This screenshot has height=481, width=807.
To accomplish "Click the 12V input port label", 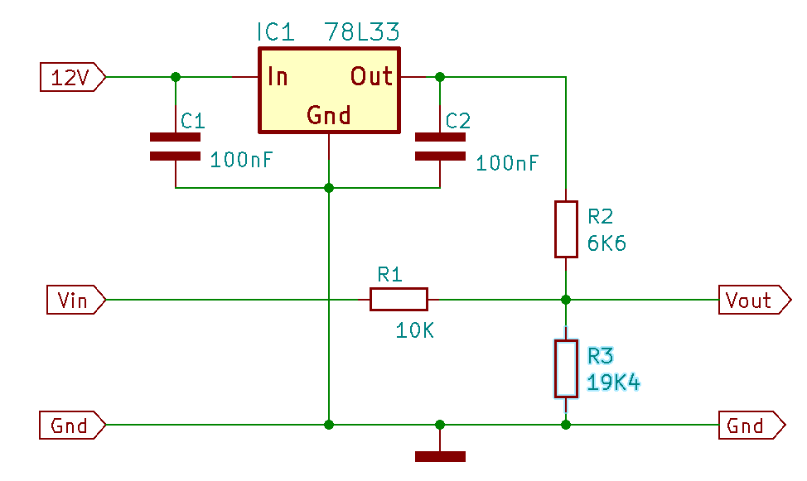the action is [x=73, y=77].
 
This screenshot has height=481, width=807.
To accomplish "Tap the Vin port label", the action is [x=76, y=300].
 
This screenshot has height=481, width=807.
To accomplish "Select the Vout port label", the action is [x=755, y=300].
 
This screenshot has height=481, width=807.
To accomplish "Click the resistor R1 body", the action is [x=399, y=300].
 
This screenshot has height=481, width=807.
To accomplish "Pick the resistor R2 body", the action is [x=566, y=229].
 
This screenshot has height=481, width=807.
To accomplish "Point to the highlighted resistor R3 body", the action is [x=566, y=368].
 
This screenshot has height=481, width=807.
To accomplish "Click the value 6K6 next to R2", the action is [x=606, y=243].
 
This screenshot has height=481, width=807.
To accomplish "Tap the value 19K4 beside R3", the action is [x=613, y=382].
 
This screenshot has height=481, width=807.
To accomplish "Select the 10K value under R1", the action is [x=415, y=331].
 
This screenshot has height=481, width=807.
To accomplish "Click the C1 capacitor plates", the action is [x=175, y=147].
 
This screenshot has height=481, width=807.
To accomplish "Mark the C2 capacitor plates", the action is [x=440, y=147].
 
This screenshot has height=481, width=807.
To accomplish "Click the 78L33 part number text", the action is [x=362, y=32].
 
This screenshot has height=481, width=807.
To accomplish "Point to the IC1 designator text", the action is [x=275, y=32].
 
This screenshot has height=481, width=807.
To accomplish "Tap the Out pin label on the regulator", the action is [x=371, y=77].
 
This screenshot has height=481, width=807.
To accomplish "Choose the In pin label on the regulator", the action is [x=278, y=77].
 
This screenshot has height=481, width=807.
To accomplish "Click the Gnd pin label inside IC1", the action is [x=329, y=115].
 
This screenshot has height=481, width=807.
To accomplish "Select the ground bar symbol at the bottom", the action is [x=440, y=456].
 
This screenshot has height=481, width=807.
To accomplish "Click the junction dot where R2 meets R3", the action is [x=566, y=300].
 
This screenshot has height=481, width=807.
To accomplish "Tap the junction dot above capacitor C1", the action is [x=176, y=77].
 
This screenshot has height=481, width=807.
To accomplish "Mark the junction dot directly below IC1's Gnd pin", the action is [x=329, y=188].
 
